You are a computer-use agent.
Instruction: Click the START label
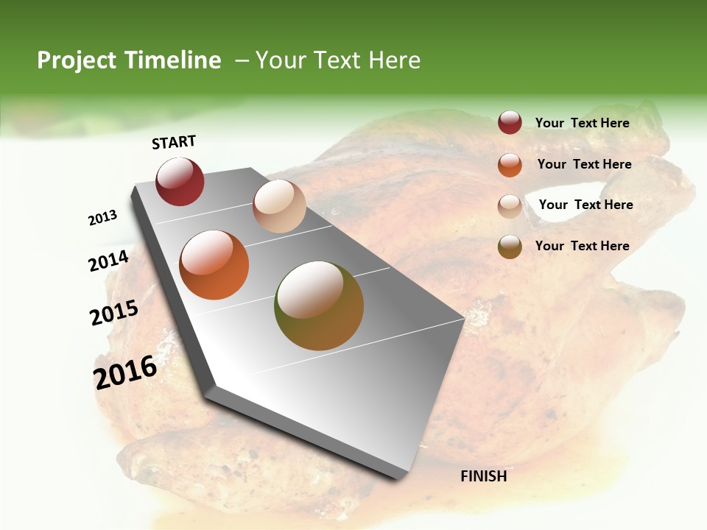[x=174, y=141]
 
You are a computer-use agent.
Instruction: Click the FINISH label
[x=483, y=476]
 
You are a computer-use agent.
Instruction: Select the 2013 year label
[x=103, y=218]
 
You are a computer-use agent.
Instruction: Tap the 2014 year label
[x=109, y=261]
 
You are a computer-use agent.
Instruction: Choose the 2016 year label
[x=125, y=372]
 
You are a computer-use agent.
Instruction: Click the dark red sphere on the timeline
[x=180, y=181]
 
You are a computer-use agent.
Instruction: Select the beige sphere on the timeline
[x=279, y=206]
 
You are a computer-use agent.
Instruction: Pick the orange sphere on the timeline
[x=214, y=265]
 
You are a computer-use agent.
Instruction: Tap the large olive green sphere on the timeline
[x=319, y=305]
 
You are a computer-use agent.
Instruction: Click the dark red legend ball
[x=510, y=123]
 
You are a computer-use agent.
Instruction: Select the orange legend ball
[x=510, y=164]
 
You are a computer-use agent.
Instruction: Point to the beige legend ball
[x=510, y=205]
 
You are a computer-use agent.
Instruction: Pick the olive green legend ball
[x=510, y=247]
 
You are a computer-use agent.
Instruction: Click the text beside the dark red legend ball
[x=582, y=123]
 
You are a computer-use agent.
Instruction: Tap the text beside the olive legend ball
[x=582, y=246]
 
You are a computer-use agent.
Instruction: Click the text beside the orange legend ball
[x=584, y=164]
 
